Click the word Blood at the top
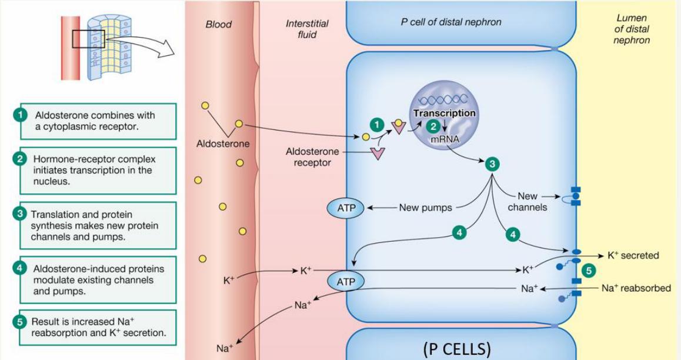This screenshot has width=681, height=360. pyautogui.click(x=219, y=25)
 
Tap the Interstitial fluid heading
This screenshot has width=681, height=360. pyautogui.click(x=307, y=29)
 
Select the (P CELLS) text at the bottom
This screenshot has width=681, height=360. pyautogui.click(x=456, y=348)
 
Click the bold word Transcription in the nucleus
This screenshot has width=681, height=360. pyautogui.click(x=444, y=113)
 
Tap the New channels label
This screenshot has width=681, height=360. pyautogui.click(x=527, y=201)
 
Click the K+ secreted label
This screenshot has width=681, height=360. pyautogui.click(x=633, y=255)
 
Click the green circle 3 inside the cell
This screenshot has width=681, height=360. pyautogui.click(x=492, y=164)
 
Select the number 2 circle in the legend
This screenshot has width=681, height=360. pyautogui.click(x=21, y=158)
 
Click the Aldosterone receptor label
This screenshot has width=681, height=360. pyautogui.click(x=312, y=157)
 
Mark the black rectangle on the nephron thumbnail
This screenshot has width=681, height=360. pyautogui.click(x=88, y=39)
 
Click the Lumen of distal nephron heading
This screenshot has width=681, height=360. pyautogui.click(x=632, y=29)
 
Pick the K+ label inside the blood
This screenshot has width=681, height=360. pyautogui.click(x=229, y=281)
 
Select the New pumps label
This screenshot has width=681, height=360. pyautogui.click(x=425, y=207)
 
